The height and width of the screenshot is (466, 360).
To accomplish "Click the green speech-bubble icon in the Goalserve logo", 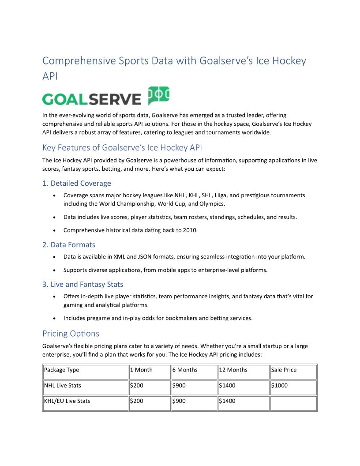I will tap(158, 95).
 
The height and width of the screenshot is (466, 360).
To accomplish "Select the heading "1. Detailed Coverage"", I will tap(77, 183).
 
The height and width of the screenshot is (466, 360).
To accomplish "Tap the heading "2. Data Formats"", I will tap(69, 244).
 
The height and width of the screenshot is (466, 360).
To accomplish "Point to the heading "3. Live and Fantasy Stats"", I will tap(83, 284).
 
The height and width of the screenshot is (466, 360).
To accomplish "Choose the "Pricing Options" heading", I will tap(71, 333).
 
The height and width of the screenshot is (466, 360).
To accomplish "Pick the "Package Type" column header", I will tap(62, 370).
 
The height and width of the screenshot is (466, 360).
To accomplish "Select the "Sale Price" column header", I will tap(284, 370).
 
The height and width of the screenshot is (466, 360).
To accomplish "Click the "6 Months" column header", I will tap(185, 370).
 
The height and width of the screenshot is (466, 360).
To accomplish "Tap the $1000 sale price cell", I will tap(279, 385).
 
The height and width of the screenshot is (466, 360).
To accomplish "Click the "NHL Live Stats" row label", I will tap(63, 385).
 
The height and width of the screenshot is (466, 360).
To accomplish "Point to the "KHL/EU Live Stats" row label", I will tap(67, 401).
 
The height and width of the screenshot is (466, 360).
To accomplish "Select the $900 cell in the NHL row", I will tap(179, 385).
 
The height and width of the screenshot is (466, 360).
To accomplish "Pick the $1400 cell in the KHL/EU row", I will tap(227, 401).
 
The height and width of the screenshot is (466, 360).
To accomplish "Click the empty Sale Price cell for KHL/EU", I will tap(293, 403).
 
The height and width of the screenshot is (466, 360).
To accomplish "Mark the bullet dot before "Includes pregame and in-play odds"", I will tap(54, 318).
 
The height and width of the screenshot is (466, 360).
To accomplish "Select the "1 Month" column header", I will tap(141, 370).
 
